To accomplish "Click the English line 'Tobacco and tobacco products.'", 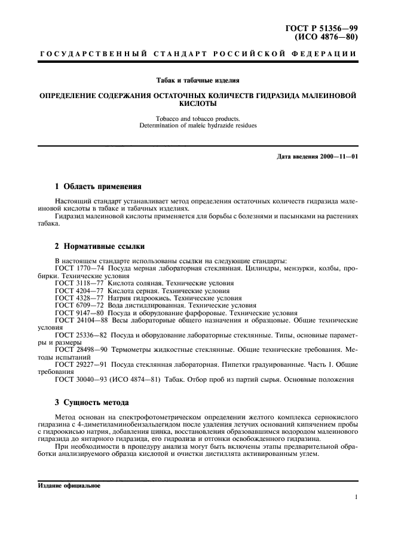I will coord(197,118).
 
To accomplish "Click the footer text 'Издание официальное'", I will coord(69,485).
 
